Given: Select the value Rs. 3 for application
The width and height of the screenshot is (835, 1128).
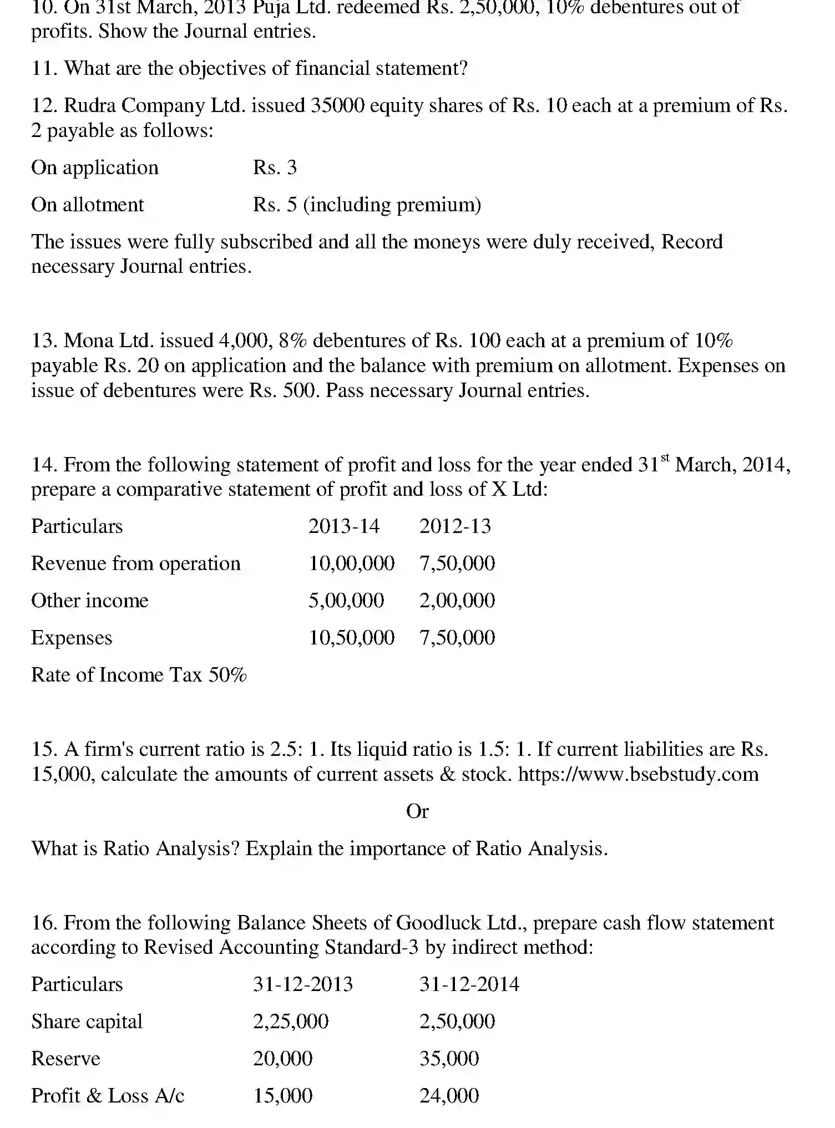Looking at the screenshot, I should coord(275,167).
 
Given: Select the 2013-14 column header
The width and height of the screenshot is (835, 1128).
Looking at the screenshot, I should coord(343,526).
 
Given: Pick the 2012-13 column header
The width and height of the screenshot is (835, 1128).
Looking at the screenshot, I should coord(455,526).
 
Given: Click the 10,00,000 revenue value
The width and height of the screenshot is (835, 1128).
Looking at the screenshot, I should coord(351,563).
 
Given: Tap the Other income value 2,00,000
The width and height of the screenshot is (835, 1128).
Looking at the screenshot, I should coord(457,601).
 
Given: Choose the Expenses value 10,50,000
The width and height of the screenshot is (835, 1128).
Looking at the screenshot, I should coord(351,638).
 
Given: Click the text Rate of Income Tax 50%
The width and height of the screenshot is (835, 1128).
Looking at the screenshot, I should coord(139,675).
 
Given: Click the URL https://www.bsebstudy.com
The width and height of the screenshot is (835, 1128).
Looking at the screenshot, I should coord(638,774).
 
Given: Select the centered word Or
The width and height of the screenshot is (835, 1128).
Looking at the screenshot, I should coord(417,811).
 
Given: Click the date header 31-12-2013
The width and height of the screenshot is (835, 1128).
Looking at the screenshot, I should coord(303,984).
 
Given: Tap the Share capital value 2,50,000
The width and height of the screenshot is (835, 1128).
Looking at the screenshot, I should coord(457,1022).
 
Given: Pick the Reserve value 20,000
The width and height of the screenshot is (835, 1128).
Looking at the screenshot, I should coord(282,1059).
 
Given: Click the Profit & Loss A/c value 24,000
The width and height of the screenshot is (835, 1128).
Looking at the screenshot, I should coord(449,1096).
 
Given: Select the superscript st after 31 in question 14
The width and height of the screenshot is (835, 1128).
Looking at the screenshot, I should coord(665,458).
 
